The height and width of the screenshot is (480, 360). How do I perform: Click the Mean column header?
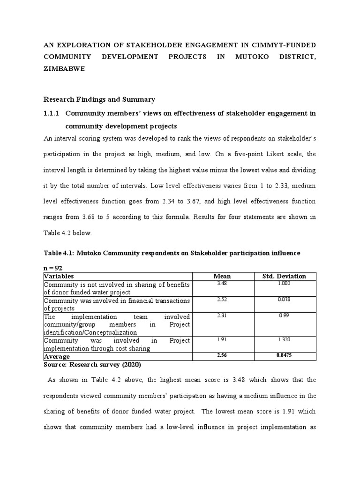[x=222, y=276]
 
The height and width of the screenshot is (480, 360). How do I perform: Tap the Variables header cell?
[x=59, y=276]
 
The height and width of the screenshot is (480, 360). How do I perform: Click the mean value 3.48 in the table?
[x=222, y=284]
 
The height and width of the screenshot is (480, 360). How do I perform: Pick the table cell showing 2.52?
[x=222, y=300]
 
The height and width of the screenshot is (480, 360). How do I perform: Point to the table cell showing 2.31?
[x=222, y=315]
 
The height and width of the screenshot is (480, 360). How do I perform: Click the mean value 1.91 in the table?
[x=222, y=340]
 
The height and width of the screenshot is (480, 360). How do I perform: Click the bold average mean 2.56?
[x=222, y=356]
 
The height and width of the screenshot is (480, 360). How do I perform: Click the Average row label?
[x=57, y=357]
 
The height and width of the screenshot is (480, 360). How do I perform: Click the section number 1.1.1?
[x=52, y=113]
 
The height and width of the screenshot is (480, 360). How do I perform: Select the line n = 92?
[x=53, y=267]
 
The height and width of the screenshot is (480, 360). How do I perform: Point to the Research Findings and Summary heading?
[x=99, y=99]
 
